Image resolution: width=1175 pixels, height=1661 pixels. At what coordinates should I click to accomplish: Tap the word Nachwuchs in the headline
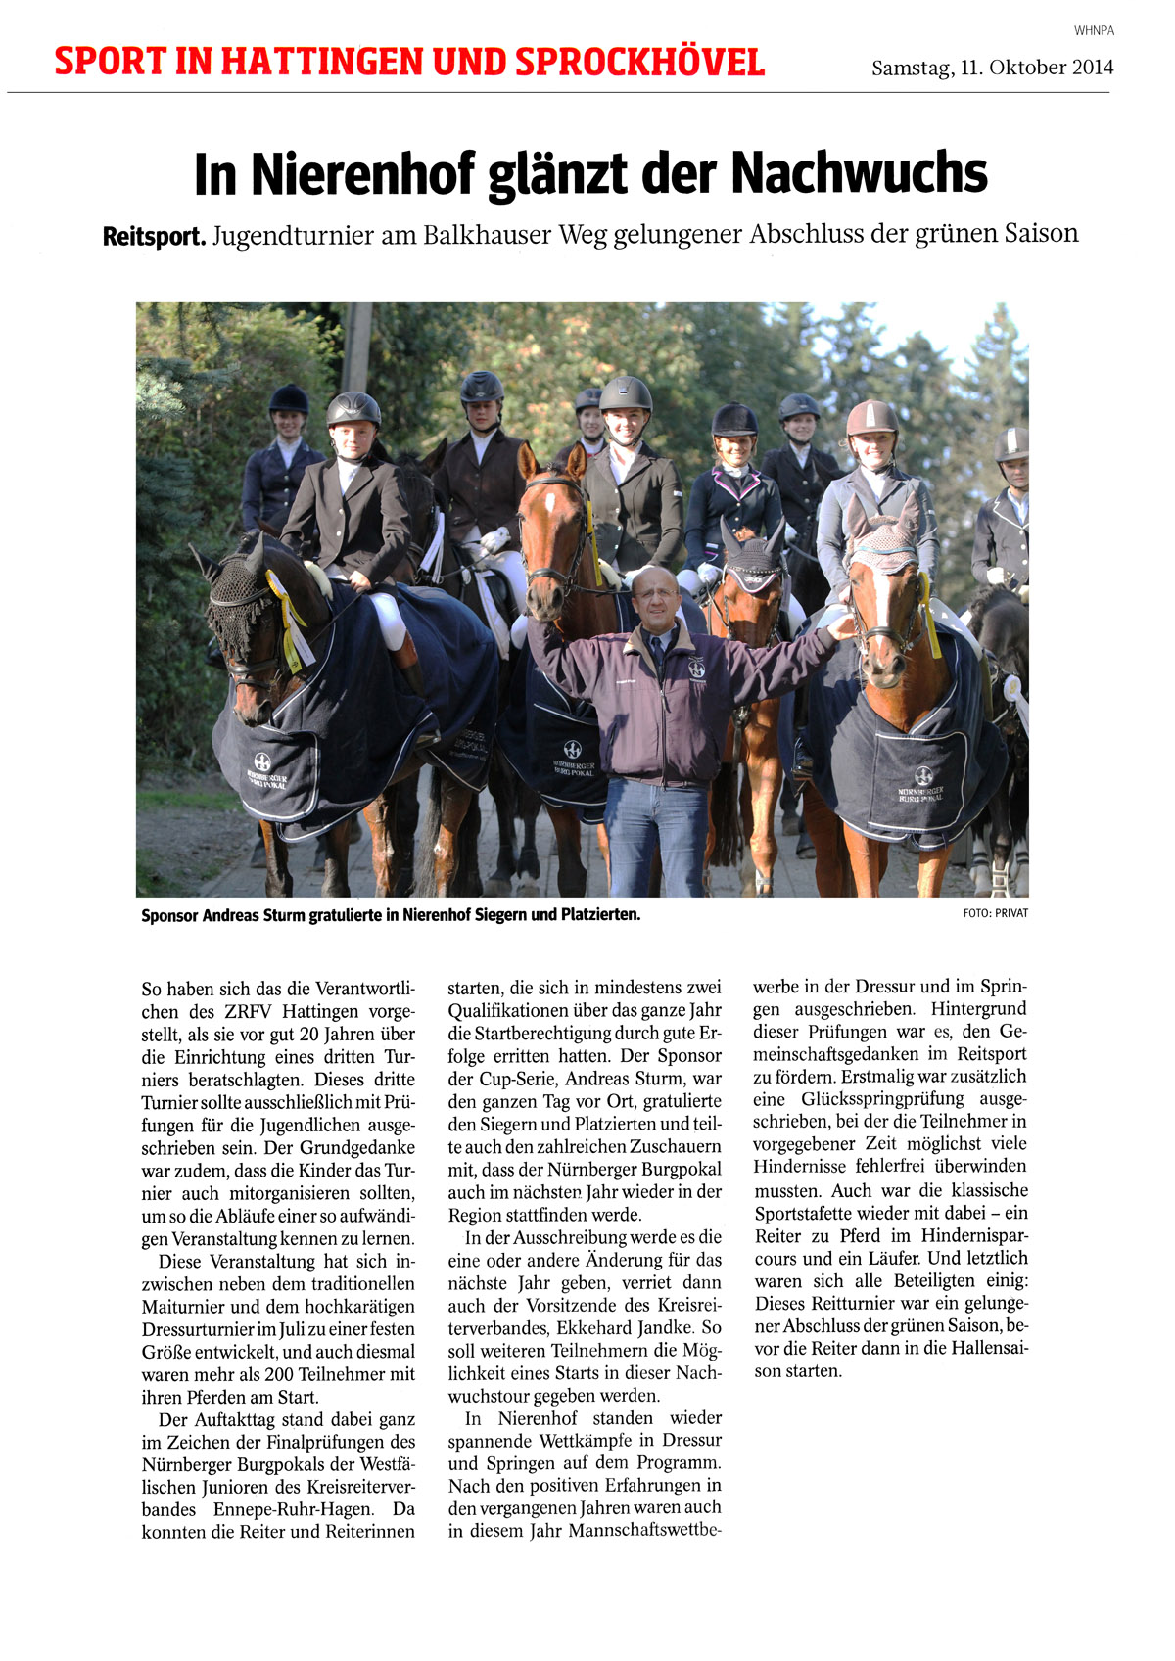tap(859, 172)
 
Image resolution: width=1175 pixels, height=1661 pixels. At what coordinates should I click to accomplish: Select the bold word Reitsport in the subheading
tap(154, 236)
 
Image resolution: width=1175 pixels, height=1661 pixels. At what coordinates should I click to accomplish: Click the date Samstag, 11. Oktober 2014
tap(992, 68)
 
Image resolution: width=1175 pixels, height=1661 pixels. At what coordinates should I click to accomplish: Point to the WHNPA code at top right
tap(1094, 31)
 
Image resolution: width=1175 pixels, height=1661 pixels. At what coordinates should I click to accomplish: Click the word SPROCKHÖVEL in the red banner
tap(639, 63)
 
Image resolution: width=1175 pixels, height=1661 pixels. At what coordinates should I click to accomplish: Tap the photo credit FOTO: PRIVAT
tap(996, 913)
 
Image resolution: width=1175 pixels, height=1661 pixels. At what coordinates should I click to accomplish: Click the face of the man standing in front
tap(655, 596)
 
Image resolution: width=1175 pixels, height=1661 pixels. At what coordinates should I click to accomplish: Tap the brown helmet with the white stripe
tap(872, 418)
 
